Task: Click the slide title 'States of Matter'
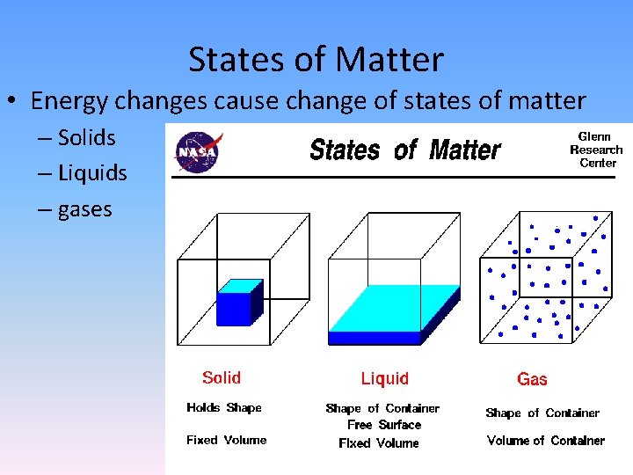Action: point(316,60)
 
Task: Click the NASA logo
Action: point(198,150)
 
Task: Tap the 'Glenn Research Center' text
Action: point(596,150)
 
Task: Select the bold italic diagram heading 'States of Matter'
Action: point(404,150)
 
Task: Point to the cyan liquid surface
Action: point(396,306)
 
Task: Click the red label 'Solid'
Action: point(221,377)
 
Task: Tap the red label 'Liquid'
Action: point(384,378)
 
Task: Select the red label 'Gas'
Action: point(532,379)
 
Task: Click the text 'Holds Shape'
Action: point(223,407)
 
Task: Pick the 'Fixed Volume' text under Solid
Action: point(226,440)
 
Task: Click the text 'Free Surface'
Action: point(383,424)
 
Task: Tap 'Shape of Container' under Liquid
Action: point(382,408)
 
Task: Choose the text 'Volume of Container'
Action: point(545,440)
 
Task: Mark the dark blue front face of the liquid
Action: point(375,337)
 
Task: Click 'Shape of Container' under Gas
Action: point(542,413)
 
